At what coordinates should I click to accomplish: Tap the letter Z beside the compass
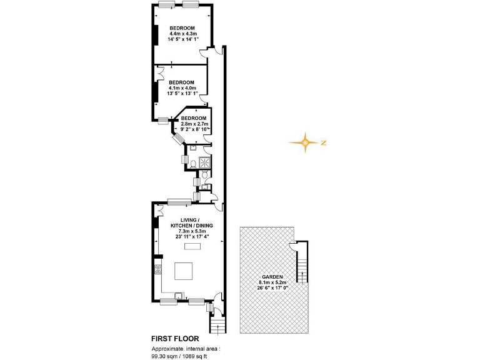click(x=324, y=143)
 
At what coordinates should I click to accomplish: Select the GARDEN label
click(x=272, y=277)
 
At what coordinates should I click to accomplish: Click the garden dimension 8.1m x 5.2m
click(x=272, y=283)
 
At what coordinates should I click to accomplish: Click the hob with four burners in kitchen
click(x=157, y=271)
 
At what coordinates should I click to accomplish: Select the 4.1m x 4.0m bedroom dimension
click(x=182, y=88)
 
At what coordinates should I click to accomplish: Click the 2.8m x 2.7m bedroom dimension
click(x=193, y=124)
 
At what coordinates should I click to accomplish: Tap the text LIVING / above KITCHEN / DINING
click(x=189, y=220)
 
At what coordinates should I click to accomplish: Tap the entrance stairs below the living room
click(x=217, y=325)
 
